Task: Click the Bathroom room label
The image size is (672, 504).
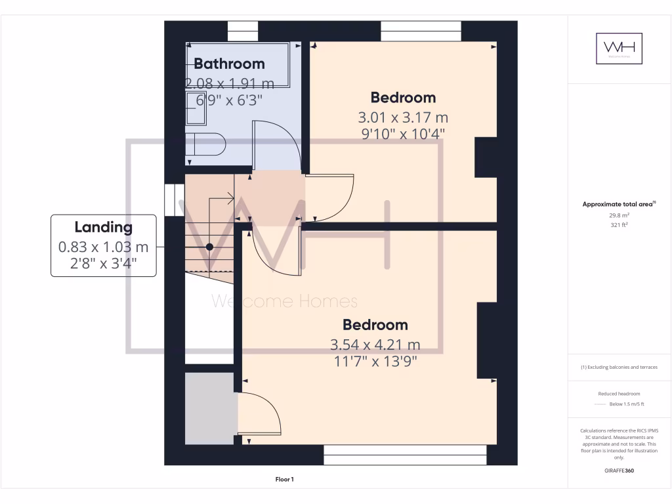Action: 229,64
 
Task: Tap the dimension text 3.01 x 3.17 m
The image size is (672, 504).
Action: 402,117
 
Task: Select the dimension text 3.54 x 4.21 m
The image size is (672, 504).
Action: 375,345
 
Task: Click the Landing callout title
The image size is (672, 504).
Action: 103,228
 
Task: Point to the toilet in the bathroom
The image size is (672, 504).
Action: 205,144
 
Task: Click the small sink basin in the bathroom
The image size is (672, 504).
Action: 196,112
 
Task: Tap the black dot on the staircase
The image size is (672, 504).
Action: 209,247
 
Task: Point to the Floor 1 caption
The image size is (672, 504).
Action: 283,480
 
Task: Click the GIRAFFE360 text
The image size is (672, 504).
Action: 619,471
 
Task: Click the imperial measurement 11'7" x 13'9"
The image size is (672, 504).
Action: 375,361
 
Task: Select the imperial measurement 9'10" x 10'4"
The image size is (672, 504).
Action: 402,133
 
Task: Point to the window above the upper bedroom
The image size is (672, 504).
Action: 421,31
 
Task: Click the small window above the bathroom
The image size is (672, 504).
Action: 243,31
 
